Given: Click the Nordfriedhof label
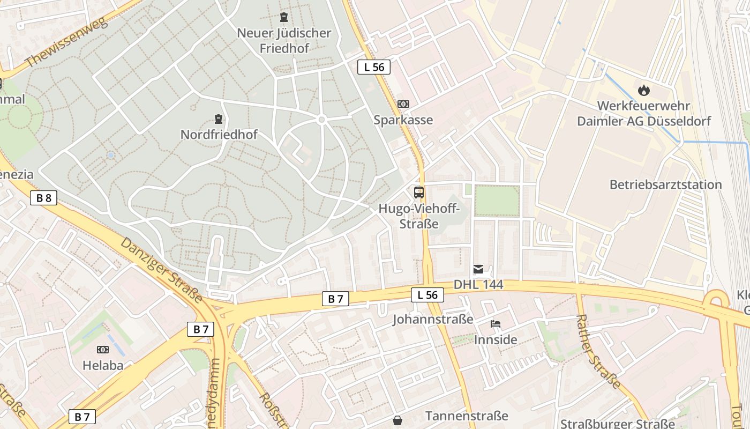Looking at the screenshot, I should [x=219, y=134].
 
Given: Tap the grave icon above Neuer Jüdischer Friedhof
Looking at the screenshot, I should [x=284, y=18].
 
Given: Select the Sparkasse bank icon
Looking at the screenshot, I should [x=403, y=104].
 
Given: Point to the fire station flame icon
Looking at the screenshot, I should [x=643, y=90].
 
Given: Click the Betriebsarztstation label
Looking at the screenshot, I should [x=665, y=184].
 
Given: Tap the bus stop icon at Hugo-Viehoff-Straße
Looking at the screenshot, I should [x=419, y=192].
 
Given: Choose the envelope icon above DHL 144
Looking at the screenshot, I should [x=478, y=269].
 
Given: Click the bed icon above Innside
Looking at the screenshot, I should [x=496, y=324].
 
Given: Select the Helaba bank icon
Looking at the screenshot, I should [x=102, y=350].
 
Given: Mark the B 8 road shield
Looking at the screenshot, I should [x=43, y=198].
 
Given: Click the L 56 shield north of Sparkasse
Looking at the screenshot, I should [x=374, y=67].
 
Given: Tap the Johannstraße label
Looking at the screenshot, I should [x=433, y=320].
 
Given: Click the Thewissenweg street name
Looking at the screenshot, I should [x=66, y=42].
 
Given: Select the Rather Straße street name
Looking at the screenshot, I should [x=598, y=351].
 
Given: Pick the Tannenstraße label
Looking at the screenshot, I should [x=467, y=416].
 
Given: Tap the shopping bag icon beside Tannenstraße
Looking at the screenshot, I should [x=397, y=420].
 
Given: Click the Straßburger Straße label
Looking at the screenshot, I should [x=617, y=424].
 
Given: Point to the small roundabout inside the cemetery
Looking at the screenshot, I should [x=321, y=120].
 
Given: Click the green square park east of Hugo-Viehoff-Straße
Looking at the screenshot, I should [x=497, y=201].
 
